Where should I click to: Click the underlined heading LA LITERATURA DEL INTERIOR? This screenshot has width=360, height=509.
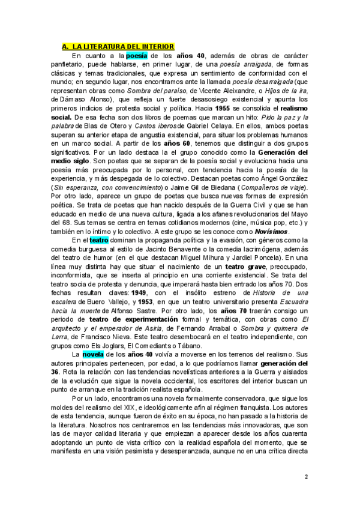tap(118, 46)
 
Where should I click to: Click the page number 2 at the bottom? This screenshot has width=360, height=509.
tap(306, 477)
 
